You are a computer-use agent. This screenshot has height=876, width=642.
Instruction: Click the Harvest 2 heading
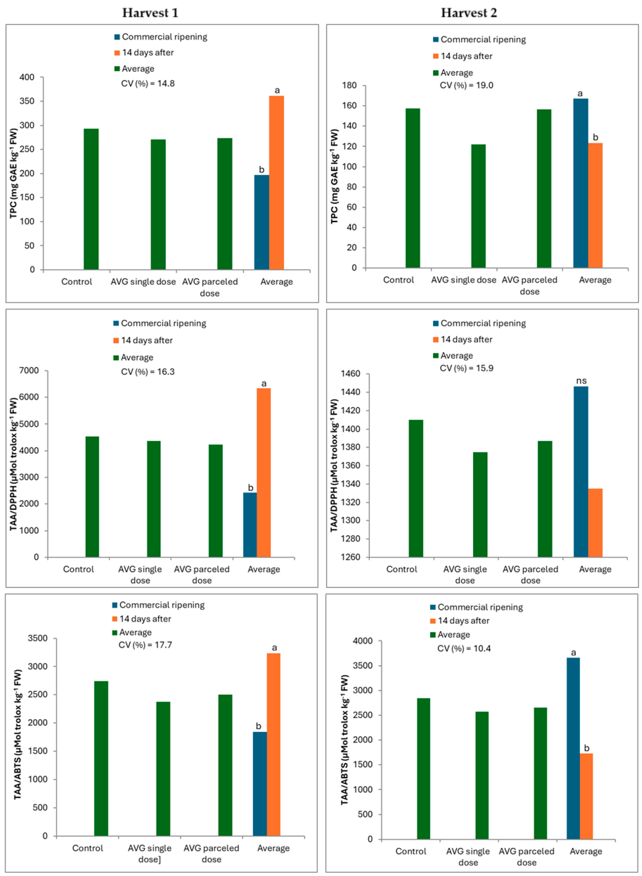469,13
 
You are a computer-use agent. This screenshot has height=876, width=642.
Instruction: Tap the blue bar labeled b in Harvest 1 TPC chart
262,222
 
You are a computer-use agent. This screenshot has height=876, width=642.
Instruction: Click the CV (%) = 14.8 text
148,84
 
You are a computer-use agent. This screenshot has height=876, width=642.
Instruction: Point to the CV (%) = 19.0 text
466,86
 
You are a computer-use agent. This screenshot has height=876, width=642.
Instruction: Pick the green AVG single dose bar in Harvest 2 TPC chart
478,206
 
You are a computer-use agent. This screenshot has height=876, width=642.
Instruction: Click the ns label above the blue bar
581,381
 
